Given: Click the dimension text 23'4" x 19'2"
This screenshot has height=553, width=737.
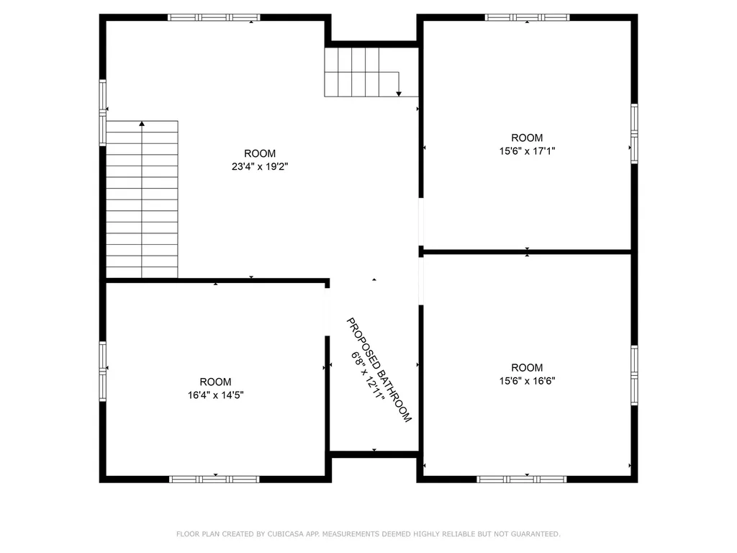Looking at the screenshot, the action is click(x=259, y=166).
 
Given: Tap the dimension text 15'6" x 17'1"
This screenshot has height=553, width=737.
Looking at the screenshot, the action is click(x=527, y=151).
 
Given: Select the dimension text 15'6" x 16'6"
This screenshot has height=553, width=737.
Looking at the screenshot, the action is click(x=527, y=381).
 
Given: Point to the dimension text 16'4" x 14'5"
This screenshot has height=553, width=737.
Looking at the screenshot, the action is click(x=215, y=395).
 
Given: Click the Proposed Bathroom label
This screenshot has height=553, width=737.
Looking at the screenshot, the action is click(x=379, y=370).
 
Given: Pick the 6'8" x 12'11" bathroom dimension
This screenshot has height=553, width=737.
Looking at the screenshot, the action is click(x=368, y=376).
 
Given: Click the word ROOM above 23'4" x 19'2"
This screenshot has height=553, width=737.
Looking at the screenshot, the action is click(x=259, y=153).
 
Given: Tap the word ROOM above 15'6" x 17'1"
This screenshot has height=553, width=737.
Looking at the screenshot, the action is click(x=527, y=138).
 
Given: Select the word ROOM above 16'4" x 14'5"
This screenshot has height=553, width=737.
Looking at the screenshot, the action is click(x=215, y=382).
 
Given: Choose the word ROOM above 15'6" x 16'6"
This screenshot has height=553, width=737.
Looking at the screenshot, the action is click(x=527, y=368).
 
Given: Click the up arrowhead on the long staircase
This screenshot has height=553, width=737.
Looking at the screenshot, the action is click(x=142, y=124).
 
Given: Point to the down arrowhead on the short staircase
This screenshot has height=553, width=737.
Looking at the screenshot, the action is click(x=399, y=94).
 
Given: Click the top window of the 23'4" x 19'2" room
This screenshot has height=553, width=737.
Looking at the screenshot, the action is click(x=214, y=17).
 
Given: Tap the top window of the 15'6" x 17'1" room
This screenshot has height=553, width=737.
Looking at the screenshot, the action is click(x=527, y=17).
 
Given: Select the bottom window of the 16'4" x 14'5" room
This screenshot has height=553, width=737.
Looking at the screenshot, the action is click(x=214, y=479).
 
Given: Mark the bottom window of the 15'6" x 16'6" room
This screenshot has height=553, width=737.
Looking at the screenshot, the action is click(x=522, y=479).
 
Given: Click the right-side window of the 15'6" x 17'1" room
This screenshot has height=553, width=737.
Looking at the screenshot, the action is click(x=634, y=133).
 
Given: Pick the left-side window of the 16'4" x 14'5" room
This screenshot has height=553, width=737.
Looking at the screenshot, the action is click(x=102, y=372).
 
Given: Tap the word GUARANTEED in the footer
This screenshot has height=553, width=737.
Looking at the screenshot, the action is click(x=534, y=534).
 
